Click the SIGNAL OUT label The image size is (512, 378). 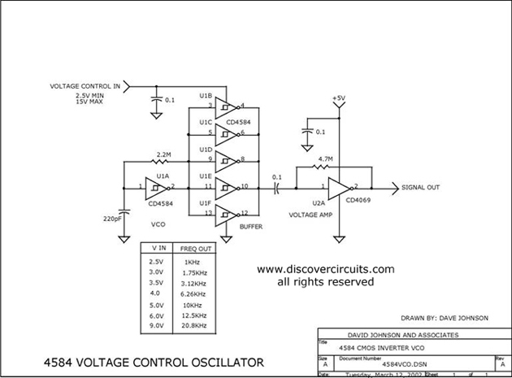[x=420, y=188]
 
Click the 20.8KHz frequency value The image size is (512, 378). [x=195, y=325]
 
